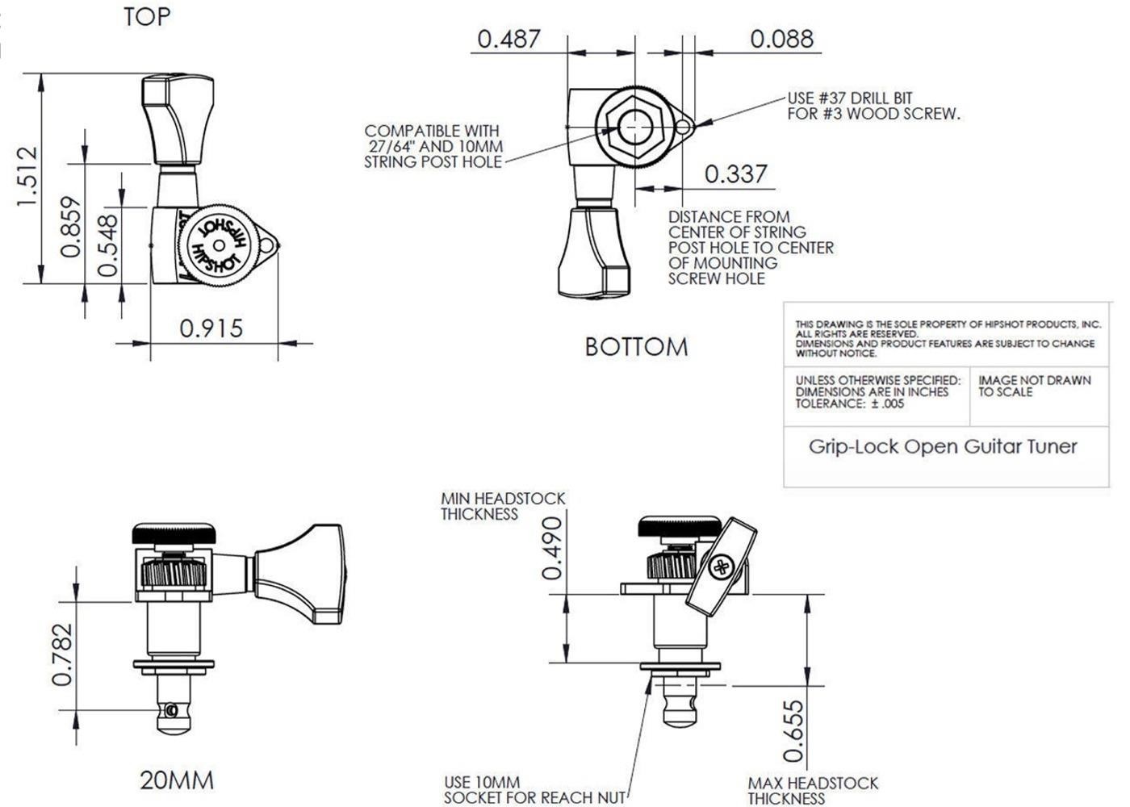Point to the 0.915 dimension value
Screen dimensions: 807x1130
click(x=211, y=328)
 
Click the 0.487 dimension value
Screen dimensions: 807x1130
click(x=508, y=39)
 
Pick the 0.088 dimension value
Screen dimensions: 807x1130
click(x=782, y=39)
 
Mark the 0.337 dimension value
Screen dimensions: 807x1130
click(x=735, y=174)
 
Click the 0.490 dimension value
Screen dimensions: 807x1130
click(x=552, y=549)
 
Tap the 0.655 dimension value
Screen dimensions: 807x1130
click(x=794, y=731)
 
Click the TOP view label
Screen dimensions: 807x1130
click(x=147, y=17)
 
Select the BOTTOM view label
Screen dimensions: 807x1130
click(x=636, y=347)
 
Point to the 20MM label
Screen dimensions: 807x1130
click(x=177, y=780)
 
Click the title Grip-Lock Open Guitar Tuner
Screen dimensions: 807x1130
click(x=943, y=446)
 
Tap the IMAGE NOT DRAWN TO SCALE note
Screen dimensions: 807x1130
click(x=1034, y=386)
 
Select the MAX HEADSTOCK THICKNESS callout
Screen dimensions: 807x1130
click(x=812, y=790)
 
